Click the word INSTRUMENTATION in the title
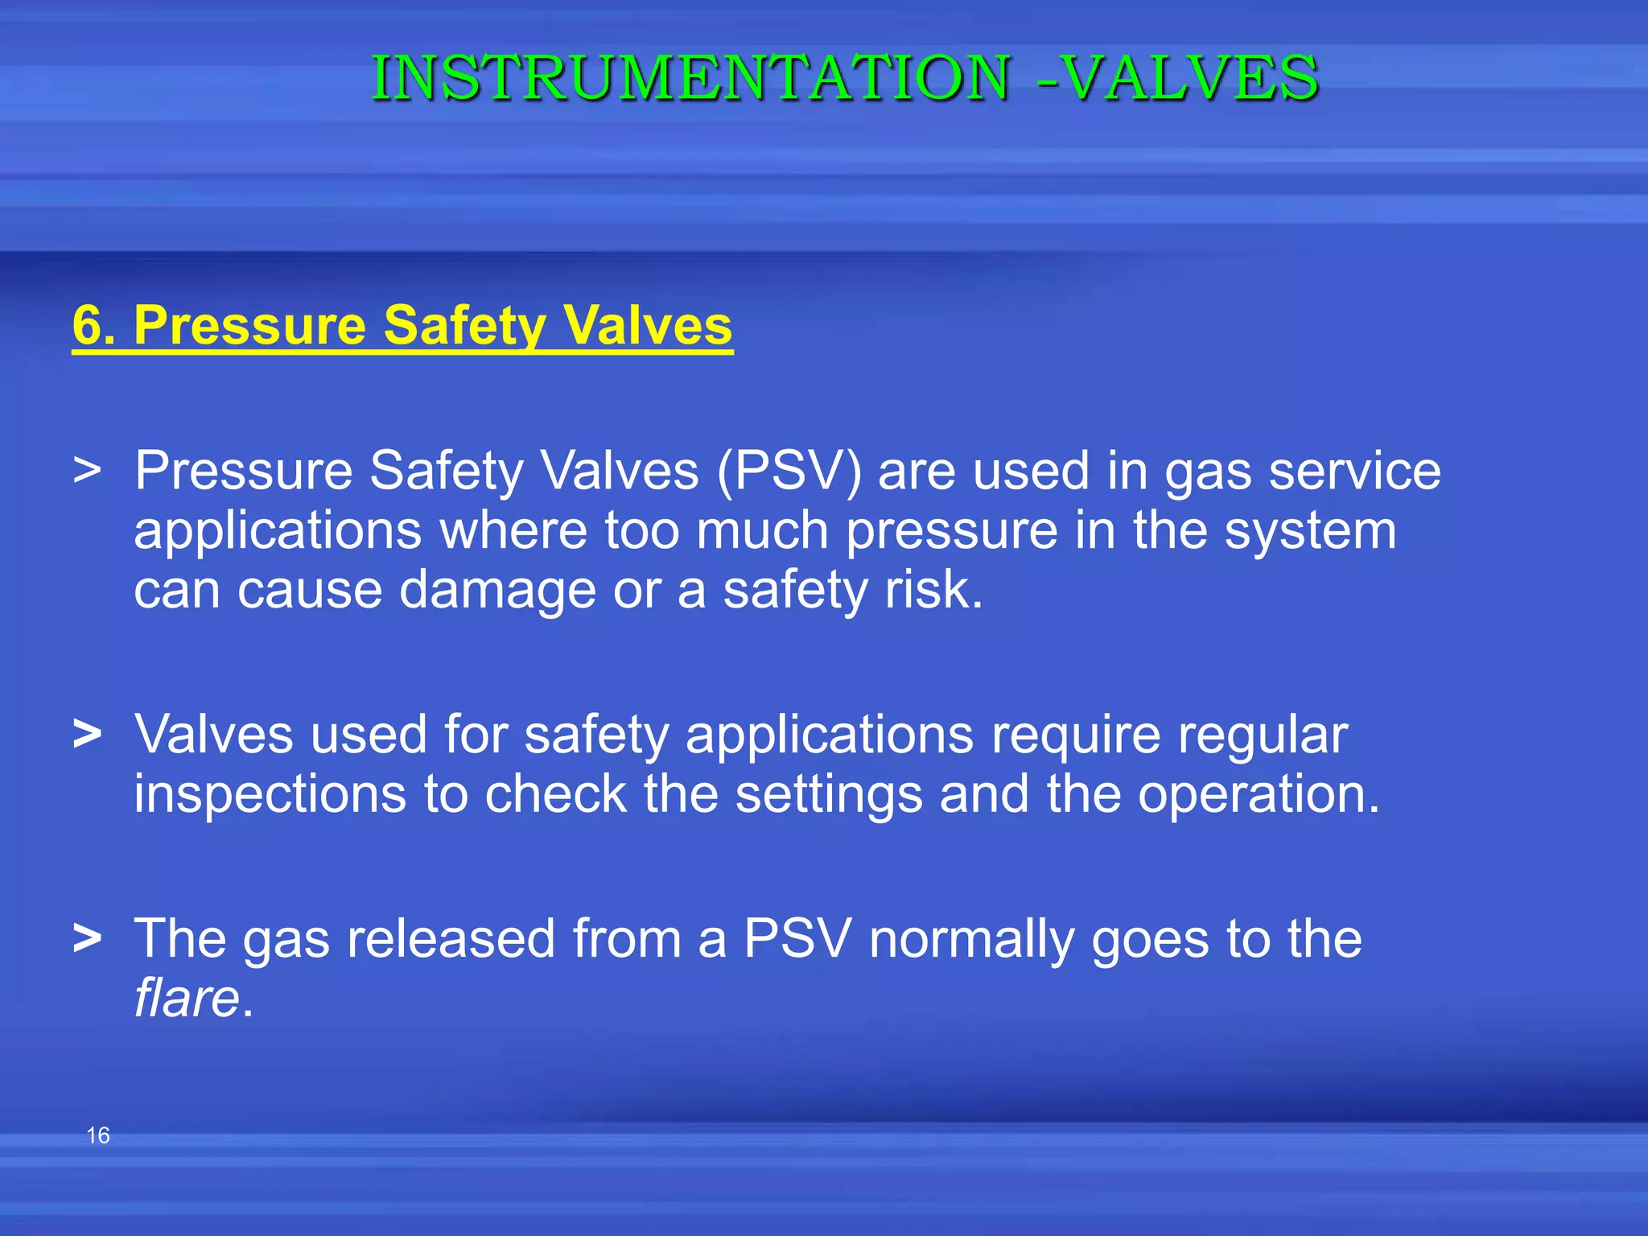click(x=690, y=78)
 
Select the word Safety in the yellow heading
click(x=464, y=326)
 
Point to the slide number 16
click(x=98, y=1135)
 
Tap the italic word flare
click(x=187, y=999)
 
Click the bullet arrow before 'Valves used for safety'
click(x=87, y=734)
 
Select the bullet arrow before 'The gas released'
click(x=87, y=938)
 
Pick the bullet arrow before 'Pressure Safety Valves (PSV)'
click(x=87, y=470)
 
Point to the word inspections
click(x=270, y=795)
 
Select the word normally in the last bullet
click(x=971, y=939)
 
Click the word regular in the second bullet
click(x=1263, y=735)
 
